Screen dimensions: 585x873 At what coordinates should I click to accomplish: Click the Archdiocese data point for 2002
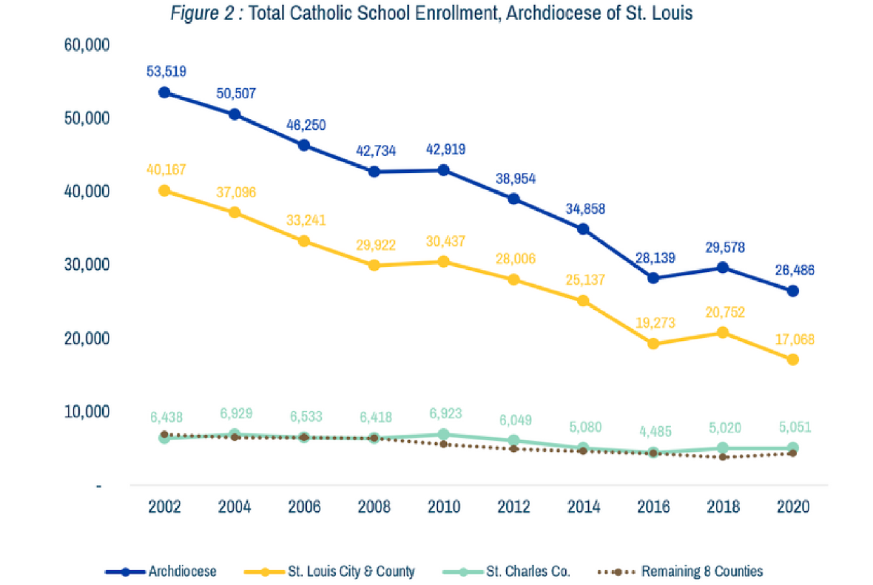coord(164,92)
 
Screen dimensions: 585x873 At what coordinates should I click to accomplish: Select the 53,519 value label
coord(164,72)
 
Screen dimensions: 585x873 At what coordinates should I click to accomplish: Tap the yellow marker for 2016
coord(653,344)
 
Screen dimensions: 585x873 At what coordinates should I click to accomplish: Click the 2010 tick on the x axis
coord(444,507)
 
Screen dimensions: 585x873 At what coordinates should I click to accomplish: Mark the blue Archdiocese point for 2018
coord(723,268)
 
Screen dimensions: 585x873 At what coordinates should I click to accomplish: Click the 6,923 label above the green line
coord(444,413)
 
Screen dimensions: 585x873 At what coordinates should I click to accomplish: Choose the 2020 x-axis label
coord(792,507)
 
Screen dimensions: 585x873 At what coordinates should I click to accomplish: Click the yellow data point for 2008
coord(374,266)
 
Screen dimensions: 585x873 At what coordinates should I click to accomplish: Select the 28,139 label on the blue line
coord(653,258)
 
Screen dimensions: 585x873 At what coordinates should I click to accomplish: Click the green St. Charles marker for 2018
coord(723,448)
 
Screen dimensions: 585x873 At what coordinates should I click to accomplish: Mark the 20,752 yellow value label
coord(723,312)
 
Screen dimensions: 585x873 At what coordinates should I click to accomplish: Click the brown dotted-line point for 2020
coord(792,453)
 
